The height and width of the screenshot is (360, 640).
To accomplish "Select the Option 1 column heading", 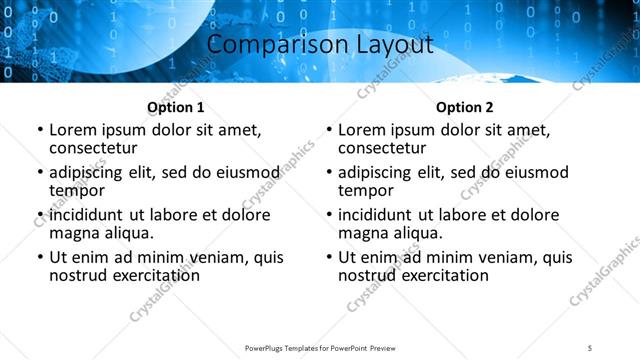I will coord(176,107).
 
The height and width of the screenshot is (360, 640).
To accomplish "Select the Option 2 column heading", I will coord(465,107).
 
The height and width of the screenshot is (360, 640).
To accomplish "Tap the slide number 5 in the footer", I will coord(589,347).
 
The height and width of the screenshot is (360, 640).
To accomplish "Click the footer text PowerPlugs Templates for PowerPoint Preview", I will coord(320,347).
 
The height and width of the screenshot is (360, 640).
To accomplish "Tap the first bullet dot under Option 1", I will coord(40,131).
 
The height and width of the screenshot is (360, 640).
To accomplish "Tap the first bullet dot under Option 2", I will coord(329,131).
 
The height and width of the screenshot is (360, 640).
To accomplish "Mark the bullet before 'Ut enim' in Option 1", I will coord(40,258).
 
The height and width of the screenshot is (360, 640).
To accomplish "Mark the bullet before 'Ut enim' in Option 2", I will coord(329,258).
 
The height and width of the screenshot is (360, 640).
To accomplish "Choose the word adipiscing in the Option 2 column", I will coord(379,173).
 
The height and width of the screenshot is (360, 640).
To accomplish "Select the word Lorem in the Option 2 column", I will coord(361,130).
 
